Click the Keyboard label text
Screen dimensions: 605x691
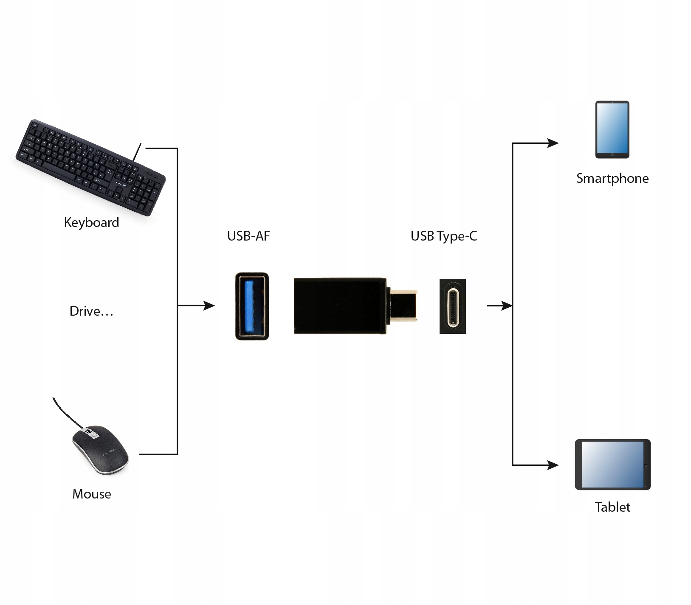[91, 222]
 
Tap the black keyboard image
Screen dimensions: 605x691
[90, 167]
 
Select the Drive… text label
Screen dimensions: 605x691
[91, 311]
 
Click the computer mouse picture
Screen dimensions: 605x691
[100, 450]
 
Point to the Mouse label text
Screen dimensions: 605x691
[92, 494]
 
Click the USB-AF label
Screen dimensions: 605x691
[248, 236]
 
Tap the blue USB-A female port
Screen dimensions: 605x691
[252, 306]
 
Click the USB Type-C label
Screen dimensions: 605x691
[444, 236]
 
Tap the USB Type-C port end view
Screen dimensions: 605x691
[453, 306]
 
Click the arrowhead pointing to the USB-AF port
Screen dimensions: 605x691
[209, 305]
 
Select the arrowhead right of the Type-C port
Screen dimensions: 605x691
[506, 305]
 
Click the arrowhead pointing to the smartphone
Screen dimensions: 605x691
[553, 143]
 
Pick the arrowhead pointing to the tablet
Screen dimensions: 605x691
[553, 465]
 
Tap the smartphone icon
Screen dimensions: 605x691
[612, 129]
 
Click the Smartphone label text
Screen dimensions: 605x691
[612, 179]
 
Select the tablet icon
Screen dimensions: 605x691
[612, 465]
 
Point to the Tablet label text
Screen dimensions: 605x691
[612, 507]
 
